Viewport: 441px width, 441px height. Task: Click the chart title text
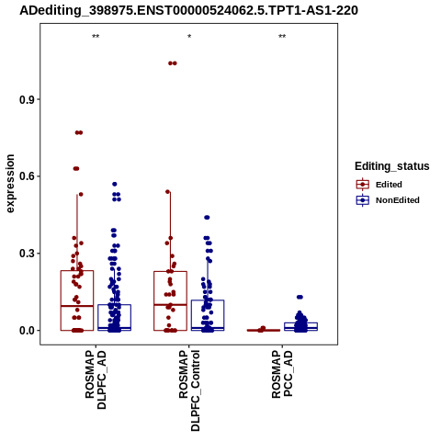[188, 10]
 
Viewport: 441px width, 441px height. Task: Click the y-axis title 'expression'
[10, 184]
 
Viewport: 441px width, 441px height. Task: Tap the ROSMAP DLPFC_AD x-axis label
[96, 379]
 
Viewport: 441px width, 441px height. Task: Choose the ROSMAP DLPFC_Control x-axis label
[189, 390]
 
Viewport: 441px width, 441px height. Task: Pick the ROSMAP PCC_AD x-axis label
[282, 374]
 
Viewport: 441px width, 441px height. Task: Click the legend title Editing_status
[392, 166]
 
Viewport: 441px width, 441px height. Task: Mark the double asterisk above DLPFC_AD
[96, 37]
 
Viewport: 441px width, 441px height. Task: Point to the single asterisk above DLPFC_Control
[189, 37]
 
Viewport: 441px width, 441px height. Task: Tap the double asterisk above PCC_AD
[282, 37]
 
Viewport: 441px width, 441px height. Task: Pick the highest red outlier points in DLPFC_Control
[173, 63]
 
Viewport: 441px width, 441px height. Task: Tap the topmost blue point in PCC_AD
[300, 297]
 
